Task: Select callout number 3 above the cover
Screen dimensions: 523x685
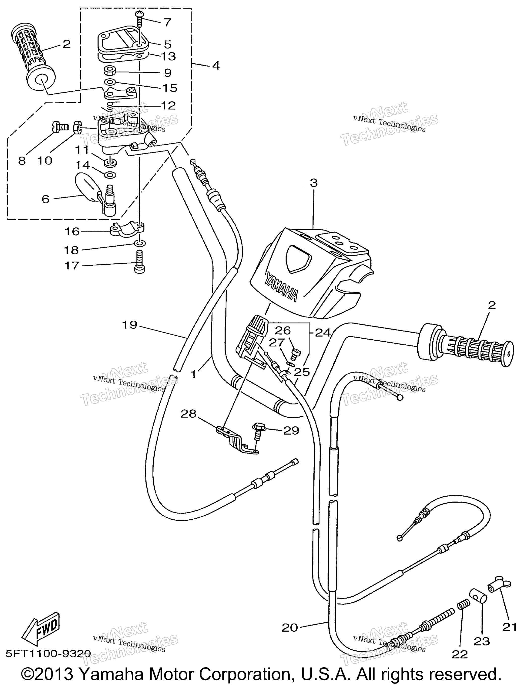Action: (x=314, y=183)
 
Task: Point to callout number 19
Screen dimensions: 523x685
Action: (x=130, y=325)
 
